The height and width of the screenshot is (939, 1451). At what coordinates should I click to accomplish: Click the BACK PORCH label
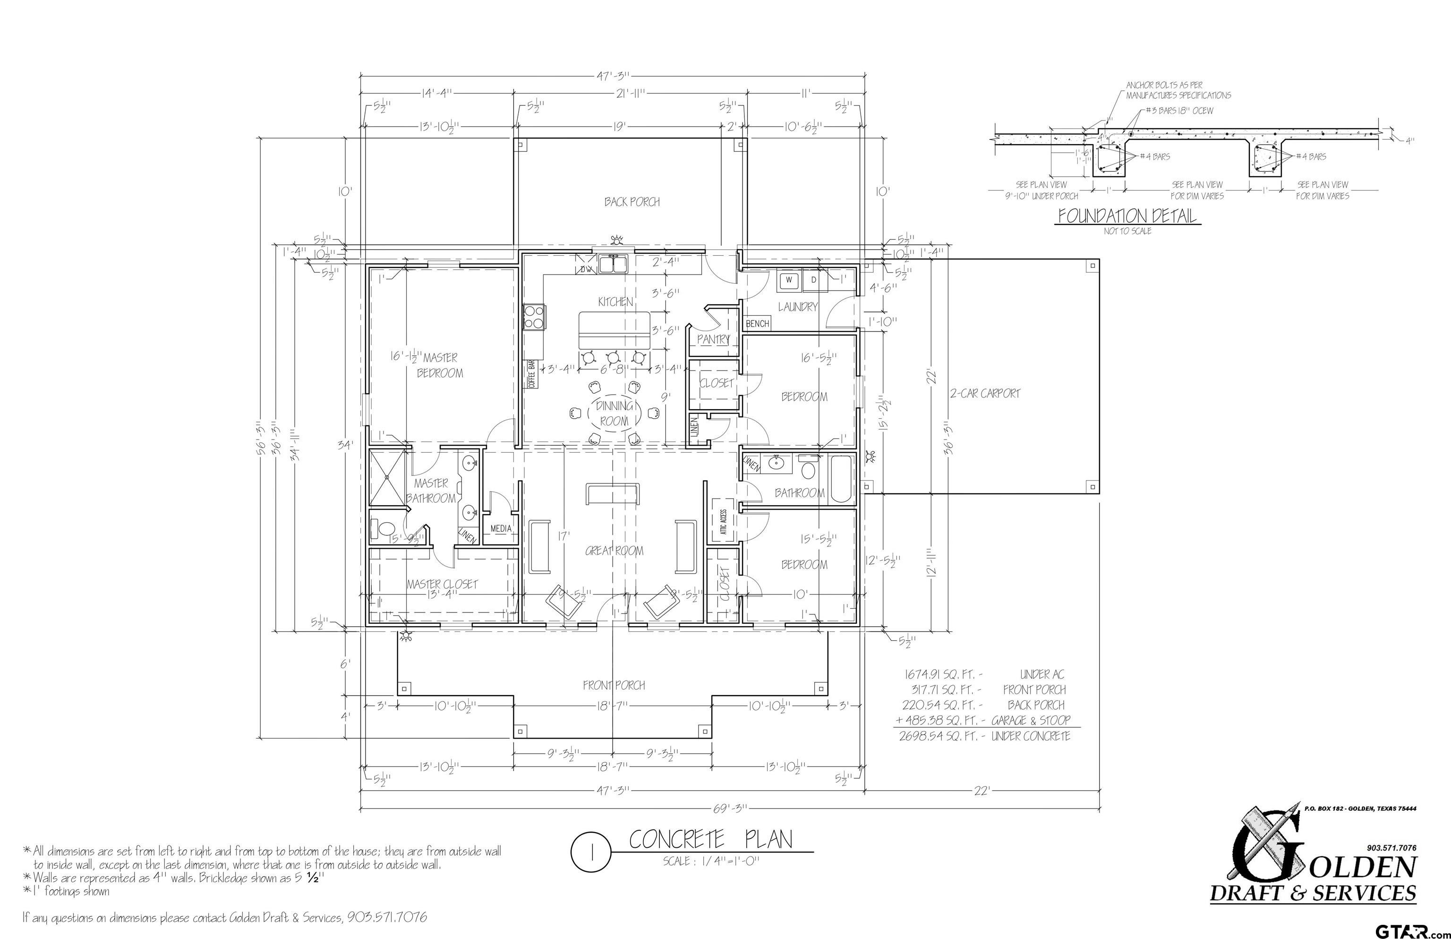632,202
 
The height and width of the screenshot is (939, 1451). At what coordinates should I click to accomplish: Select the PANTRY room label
713,339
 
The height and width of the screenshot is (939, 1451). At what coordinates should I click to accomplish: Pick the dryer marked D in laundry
813,280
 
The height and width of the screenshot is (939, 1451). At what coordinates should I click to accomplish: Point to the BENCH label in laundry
757,324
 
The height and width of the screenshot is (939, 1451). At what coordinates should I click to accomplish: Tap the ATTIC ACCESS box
723,521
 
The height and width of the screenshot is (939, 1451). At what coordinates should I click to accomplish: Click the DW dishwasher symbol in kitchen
586,268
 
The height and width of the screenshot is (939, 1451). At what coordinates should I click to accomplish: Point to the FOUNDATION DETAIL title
1127,216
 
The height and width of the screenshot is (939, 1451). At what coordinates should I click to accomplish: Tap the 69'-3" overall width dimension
729,809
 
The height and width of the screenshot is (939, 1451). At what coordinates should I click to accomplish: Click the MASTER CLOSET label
443,584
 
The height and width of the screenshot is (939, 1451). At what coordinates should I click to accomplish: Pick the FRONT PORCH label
613,685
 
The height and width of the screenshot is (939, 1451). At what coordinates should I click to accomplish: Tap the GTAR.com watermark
1408,930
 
